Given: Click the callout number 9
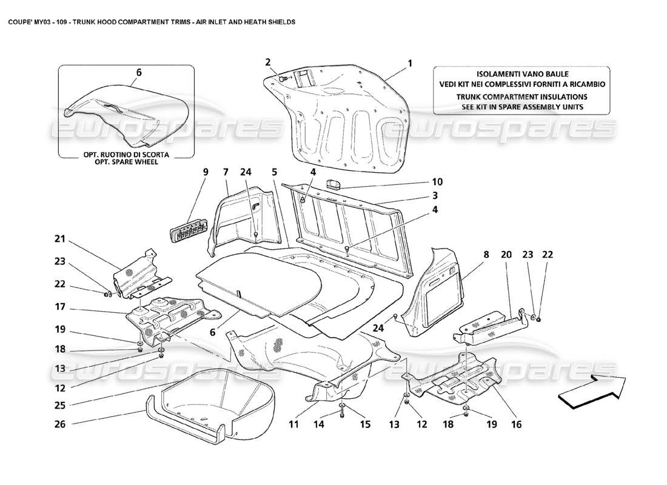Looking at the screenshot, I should coord(205,172).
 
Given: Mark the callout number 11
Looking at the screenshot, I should coord(293,425).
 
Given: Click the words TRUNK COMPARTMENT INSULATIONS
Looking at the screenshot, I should coord(521,96).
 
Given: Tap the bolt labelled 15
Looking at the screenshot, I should coord(343,412).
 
